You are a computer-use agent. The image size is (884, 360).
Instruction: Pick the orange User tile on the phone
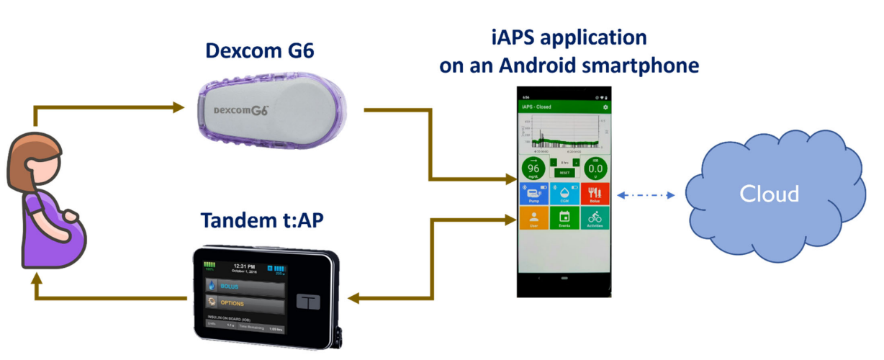coord(533,218)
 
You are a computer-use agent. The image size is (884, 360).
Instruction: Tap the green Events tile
coord(564,218)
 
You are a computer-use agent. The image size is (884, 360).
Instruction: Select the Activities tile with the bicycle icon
coord(595,218)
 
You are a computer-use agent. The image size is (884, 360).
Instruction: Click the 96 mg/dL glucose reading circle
coord(533,170)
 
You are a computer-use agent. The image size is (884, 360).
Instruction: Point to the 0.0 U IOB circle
coord(595,170)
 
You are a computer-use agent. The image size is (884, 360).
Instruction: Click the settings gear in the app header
coord(605,107)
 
